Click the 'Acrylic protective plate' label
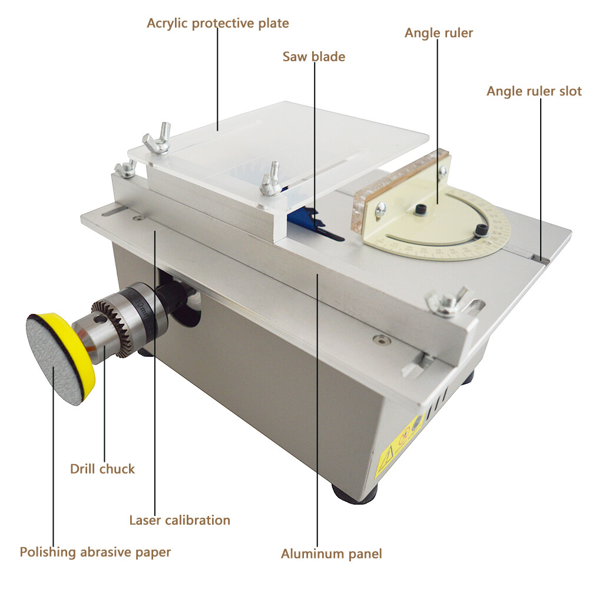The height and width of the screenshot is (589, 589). coord(217,24)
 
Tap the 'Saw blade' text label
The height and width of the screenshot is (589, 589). coord(313,57)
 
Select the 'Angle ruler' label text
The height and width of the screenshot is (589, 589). coord(438,32)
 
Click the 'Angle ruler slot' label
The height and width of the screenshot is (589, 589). coord(534,91)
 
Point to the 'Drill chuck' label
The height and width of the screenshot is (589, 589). coord(102,469)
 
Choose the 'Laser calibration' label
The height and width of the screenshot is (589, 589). coord(179,520)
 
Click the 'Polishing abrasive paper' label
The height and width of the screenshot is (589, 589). coord(95,552)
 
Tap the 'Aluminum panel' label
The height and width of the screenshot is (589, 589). coord(331,554)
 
